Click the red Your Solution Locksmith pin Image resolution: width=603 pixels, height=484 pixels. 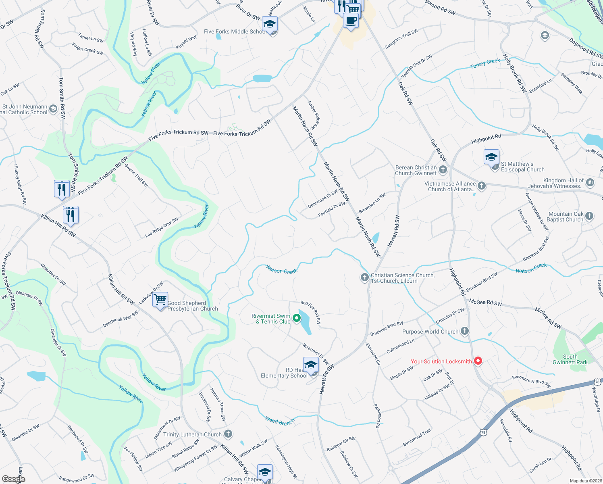pyautogui.click(x=478, y=361)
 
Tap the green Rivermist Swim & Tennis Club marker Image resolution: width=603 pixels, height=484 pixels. pyautogui.click(x=297, y=318)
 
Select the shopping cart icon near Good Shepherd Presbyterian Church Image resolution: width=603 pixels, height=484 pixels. pyautogui.click(x=160, y=300)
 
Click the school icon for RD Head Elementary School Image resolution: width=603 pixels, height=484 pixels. pyautogui.click(x=311, y=365)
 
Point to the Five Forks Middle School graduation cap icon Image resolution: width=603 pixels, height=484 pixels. pyautogui.click(x=270, y=24)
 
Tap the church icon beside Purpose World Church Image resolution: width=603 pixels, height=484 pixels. pyautogui.click(x=465, y=331)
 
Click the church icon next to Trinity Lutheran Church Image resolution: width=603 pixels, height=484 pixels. pyautogui.click(x=228, y=434)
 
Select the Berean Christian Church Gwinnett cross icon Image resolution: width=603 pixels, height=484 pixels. pyautogui.click(x=443, y=170)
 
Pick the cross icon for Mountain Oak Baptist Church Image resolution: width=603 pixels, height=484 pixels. pyautogui.click(x=589, y=216)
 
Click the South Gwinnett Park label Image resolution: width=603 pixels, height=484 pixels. pyautogui.click(x=570, y=359)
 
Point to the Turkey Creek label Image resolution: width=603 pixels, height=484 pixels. pyautogui.click(x=485, y=63)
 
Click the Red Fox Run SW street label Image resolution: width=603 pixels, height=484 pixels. pyautogui.click(x=311, y=312)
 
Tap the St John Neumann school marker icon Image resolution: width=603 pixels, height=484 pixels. pyautogui.click(x=53, y=109)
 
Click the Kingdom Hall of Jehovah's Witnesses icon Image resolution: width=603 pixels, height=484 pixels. pyautogui.click(x=590, y=183)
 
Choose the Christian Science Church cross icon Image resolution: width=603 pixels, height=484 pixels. pyautogui.click(x=364, y=277)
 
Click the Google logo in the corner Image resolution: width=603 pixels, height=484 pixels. pyautogui.click(x=13, y=479)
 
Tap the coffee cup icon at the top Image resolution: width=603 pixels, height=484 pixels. pyautogui.click(x=351, y=21)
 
